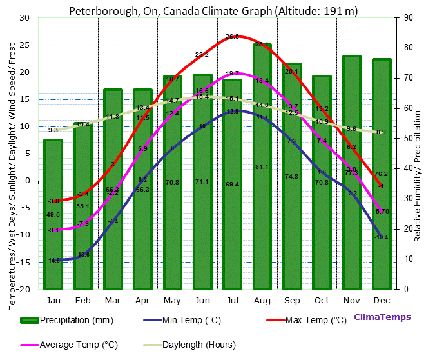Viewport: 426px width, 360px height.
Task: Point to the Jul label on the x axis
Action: (x=232, y=300)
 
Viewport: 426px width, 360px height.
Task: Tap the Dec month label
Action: (x=382, y=300)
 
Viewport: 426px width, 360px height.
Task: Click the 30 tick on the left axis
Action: (x=24, y=18)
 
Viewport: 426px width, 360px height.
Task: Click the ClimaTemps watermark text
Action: (x=382, y=317)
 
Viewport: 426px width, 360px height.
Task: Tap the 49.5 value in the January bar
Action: (x=53, y=215)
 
